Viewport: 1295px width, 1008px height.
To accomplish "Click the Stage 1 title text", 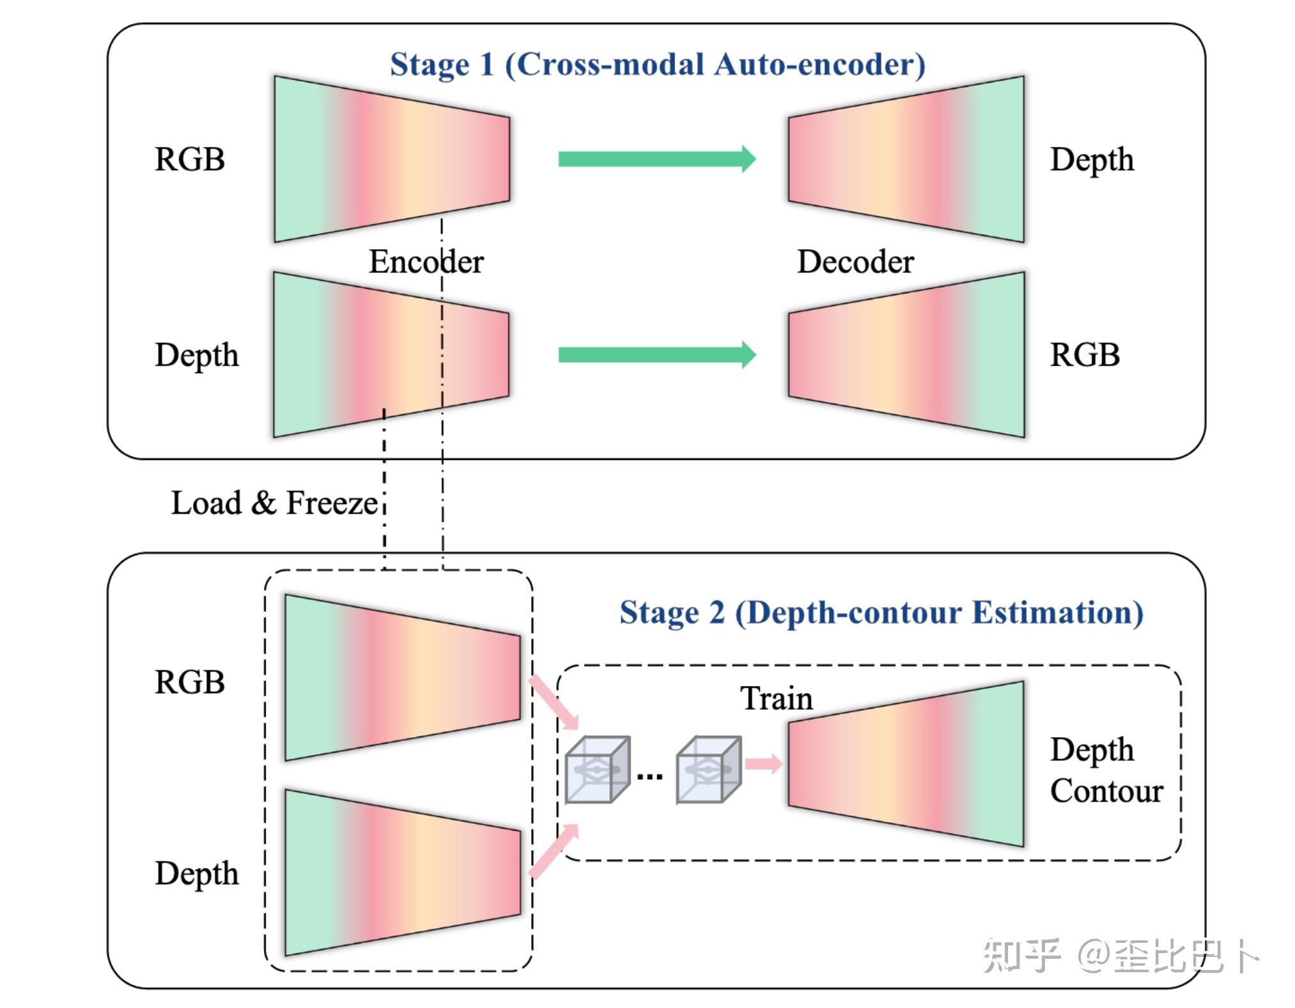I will point(657,65).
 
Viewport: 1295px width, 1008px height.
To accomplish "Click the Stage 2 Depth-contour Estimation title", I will point(881,613).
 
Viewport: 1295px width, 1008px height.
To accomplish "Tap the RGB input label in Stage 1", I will point(189,159).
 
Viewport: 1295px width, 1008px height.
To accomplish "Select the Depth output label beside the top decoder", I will point(1091,160).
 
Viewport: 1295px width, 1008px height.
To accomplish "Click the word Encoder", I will point(426,262).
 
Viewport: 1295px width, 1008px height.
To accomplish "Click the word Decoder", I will point(855,262).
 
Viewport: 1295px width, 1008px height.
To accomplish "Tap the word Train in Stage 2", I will point(776,698).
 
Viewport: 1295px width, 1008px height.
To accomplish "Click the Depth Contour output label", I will point(1105,770).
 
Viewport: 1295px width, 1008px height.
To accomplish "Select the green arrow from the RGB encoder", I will point(656,159).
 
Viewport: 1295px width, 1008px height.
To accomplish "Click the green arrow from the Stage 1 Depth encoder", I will point(656,355).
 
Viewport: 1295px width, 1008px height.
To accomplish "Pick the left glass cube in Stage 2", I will point(597,770).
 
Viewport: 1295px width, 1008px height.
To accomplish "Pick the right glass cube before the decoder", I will point(708,770).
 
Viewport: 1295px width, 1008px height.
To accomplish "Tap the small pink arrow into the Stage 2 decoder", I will point(763,763).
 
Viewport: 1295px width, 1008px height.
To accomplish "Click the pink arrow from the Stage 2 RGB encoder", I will point(554,703).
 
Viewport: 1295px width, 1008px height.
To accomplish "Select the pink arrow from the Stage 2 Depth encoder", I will point(554,850).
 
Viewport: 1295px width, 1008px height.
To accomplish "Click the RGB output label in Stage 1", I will point(1084,355).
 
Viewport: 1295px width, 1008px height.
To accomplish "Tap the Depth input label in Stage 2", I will point(196,873).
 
